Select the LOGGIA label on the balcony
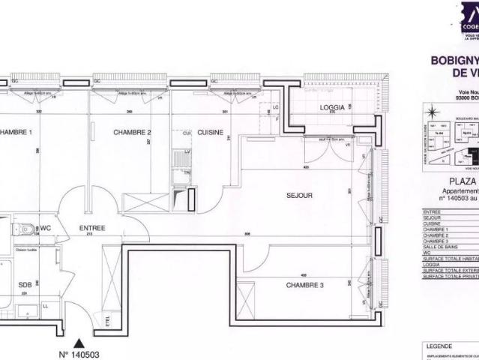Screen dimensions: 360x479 331,107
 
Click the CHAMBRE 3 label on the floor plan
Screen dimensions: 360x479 304,285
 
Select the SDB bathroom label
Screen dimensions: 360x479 25,285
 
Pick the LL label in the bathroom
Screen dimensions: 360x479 46,306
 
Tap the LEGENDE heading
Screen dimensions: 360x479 439,346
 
